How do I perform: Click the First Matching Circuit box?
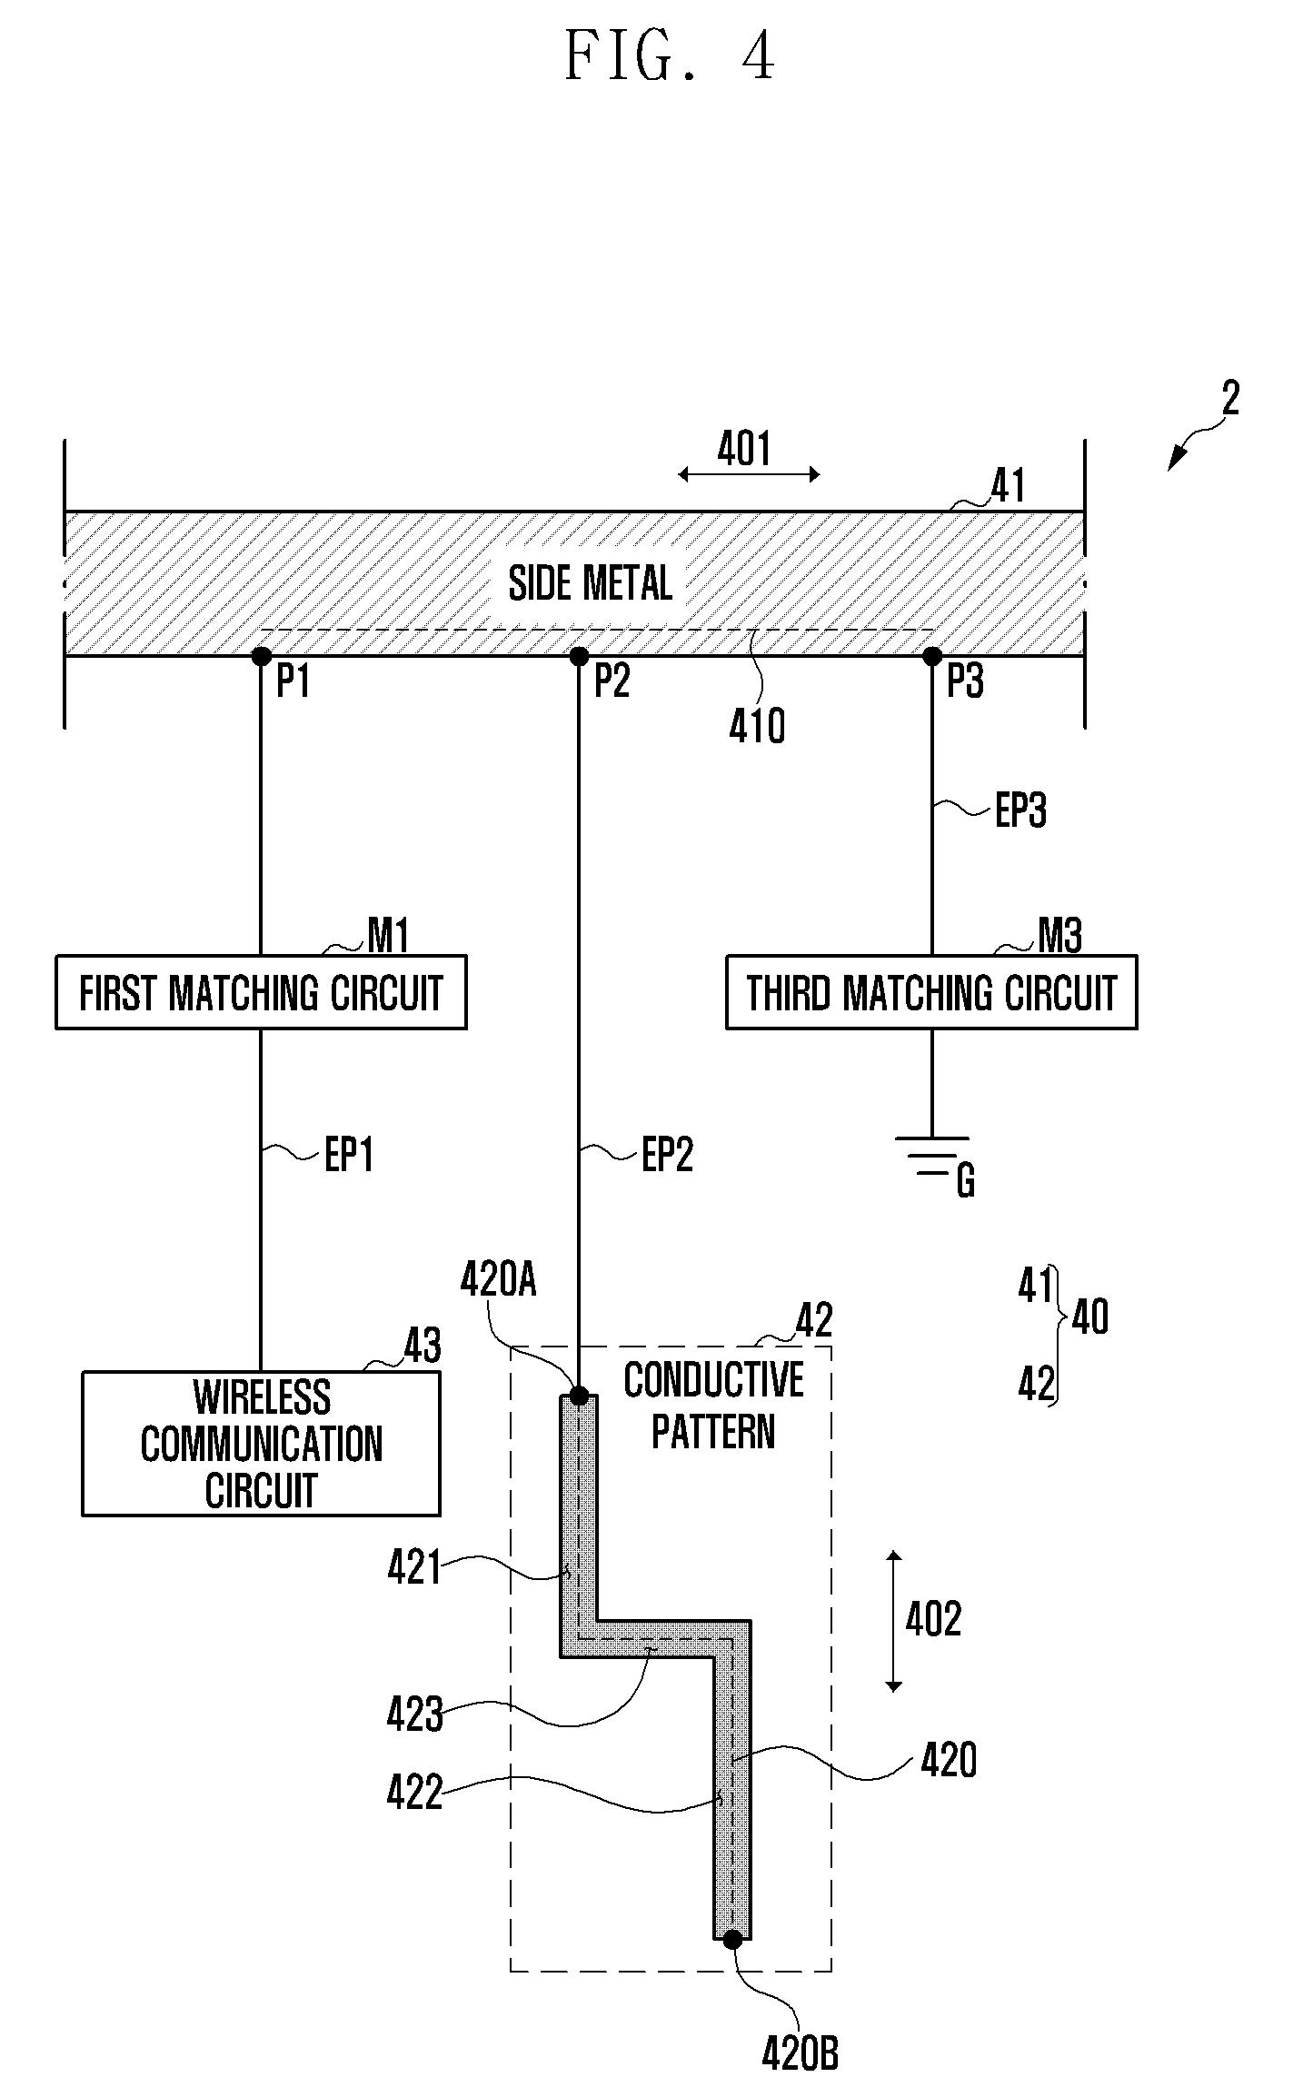click(x=261, y=991)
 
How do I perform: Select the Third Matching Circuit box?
click(x=931, y=991)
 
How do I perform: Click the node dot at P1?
click(x=261, y=656)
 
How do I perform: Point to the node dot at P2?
click(x=578, y=656)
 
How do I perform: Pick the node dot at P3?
click(x=931, y=656)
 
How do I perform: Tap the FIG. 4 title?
click(x=670, y=56)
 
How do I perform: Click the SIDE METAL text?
click(x=591, y=583)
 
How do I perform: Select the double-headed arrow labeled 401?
click(x=750, y=473)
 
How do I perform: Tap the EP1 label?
click(x=350, y=1156)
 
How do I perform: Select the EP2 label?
click(x=668, y=1156)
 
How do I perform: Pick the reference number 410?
click(x=757, y=727)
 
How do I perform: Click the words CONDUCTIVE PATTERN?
click(x=714, y=1406)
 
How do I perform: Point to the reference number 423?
click(x=415, y=1715)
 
